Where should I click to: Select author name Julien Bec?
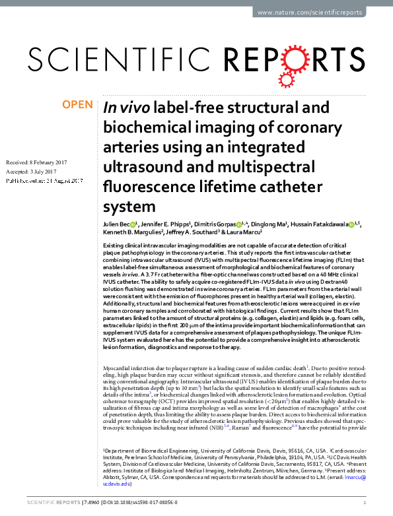117,224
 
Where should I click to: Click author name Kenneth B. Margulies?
132,233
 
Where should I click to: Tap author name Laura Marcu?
244,233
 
